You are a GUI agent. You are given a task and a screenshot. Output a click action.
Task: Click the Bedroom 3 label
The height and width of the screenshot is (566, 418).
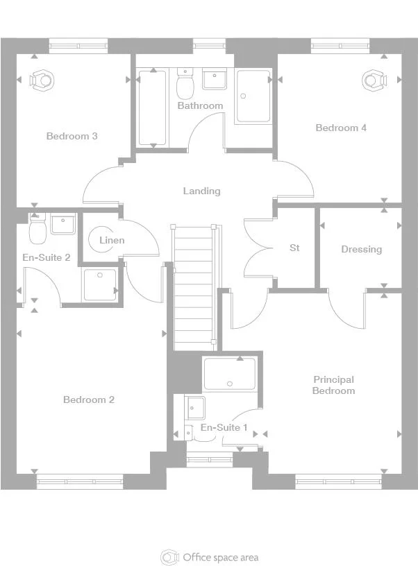click(72, 136)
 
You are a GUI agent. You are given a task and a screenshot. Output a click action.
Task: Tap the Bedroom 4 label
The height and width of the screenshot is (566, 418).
click(341, 128)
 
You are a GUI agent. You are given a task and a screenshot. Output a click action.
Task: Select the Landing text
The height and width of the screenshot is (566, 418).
click(201, 191)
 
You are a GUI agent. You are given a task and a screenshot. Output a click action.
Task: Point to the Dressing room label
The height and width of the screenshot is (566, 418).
click(361, 249)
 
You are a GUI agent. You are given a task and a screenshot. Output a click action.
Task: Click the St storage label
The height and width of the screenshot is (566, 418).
click(294, 248)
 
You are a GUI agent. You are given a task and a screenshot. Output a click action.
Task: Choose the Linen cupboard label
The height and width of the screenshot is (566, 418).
click(112, 240)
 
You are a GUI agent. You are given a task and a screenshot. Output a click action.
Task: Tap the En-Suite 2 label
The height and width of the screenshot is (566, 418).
click(47, 257)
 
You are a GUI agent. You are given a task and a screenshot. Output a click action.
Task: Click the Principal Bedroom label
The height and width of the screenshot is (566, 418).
click(333, 385)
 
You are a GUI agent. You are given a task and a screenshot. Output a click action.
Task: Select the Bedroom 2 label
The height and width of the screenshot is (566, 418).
click(89, 400)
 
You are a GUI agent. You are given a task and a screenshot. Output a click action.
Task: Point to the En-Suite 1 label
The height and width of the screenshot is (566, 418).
click(224, 427)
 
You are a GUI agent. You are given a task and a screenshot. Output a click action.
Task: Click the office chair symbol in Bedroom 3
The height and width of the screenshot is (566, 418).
click(42, 80)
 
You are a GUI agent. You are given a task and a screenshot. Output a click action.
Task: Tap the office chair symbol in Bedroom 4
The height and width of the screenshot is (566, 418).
click(375, 80)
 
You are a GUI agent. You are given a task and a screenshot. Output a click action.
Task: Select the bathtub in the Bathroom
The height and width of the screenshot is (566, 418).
click(153, 107)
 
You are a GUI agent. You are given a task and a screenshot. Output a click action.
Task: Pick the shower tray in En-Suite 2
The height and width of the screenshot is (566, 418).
click(101, 284)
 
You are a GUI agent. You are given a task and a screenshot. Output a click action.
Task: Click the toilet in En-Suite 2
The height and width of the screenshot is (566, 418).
click(37, 227)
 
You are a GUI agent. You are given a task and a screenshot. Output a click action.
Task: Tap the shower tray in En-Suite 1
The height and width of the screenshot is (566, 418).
click(230, 373)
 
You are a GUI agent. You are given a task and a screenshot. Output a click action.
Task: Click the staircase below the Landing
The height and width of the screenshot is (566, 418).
click(194, 288)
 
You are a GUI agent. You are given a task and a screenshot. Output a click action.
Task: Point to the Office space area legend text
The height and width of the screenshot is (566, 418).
click(220, 557)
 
